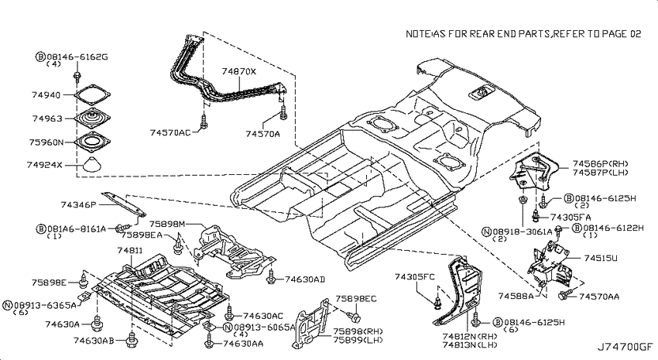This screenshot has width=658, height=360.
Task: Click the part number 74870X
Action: tap(238, 72)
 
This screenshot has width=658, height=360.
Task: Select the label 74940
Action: tap(46, 95)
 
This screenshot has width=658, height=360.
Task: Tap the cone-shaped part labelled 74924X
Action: tap(92, 164)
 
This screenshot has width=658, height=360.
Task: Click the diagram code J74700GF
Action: tap(625, 347)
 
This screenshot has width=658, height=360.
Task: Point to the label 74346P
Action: tap(78, 204)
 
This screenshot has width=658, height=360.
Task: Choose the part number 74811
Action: tap(130, 251)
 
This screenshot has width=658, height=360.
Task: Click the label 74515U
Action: tap(601, 258)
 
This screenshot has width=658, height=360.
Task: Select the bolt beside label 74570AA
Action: tap(564, 295)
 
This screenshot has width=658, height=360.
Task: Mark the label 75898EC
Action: tap(356, 299)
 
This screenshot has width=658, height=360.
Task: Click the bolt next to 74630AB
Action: tap(132, 339)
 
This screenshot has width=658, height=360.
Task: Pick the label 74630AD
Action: tap(305, 279)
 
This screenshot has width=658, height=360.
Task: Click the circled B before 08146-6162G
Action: tap(40, 57)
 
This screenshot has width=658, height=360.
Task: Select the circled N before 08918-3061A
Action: tap(487, 231)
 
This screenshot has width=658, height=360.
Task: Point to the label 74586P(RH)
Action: tap(601, 164)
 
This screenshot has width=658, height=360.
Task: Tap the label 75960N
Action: tap(46, 142)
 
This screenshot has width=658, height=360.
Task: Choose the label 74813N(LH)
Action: tap(470, 345)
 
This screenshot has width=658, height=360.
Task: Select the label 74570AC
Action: tap(170, 132)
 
